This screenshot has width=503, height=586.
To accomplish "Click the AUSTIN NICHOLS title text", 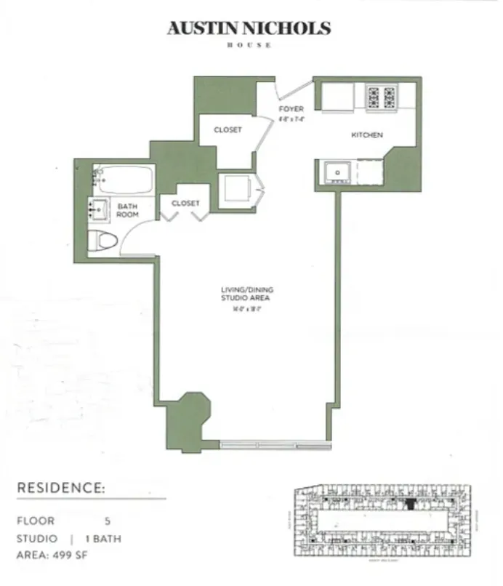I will tap(249, 28).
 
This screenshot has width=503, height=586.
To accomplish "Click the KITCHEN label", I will tap(367, 135).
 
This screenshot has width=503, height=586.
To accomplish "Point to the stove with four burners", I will tap(382, 96).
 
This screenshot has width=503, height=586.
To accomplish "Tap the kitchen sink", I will tap(337, 172).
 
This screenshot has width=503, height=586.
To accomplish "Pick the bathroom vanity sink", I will tap(99, 209).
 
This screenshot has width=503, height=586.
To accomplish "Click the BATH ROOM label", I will tap(128, 211).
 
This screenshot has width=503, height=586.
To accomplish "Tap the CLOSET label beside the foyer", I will tap(228, 130).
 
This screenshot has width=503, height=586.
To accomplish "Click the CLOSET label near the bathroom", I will tap(185, 204).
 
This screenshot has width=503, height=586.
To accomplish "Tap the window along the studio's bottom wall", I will tap(274, 442).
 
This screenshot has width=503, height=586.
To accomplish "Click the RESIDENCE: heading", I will tap(61, 488).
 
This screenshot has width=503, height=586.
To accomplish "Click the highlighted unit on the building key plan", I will tap(411, 502).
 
